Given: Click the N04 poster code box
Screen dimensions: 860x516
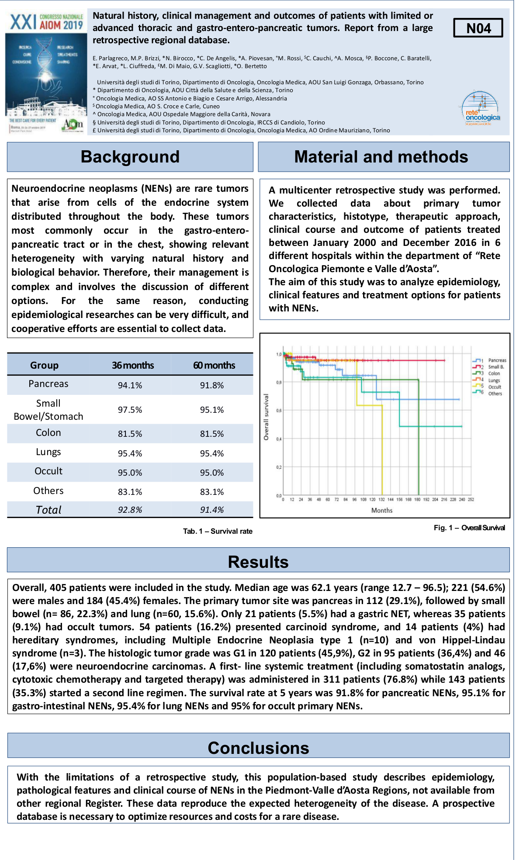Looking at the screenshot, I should click(x=478, y=28).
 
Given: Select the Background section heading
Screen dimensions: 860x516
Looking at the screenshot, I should click(x=130, y=157).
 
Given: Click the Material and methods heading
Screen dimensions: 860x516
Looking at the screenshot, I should click(x=381, y=157).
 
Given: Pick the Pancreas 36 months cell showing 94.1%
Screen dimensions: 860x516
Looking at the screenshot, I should click(x=130, y=385).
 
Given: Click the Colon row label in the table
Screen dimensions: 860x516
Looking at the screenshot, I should click(x=48, y=433).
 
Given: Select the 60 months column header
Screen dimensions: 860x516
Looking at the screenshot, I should click(x=214, y=365).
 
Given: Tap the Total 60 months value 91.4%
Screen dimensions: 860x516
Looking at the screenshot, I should click(x=212, y=510).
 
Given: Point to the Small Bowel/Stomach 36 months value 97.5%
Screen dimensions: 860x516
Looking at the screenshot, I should click(x=130, y=410).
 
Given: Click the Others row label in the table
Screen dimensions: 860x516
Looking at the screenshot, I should click(x=48, y=491).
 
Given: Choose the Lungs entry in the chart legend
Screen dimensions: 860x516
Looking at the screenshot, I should click(x=494, y=380).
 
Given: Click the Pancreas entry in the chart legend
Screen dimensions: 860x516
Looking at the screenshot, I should click(x=497, y=360).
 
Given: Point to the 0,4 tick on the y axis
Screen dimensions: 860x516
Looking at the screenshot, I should click(x=278, y=439).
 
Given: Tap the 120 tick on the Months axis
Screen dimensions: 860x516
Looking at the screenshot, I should click(x=372, y=499).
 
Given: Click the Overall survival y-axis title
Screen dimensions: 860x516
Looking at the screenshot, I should click(x=266, y=417).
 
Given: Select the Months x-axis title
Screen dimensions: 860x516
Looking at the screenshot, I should click(x=382, y=510).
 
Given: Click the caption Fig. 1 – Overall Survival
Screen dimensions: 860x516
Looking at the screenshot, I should click(x=469, y=528).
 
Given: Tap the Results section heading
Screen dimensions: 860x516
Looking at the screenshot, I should click(x=258, y=562).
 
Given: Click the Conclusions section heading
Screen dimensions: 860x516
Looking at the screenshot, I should click(x=258, y=748).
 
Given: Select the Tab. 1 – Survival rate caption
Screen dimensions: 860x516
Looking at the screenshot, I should click(x=218, y=531).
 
